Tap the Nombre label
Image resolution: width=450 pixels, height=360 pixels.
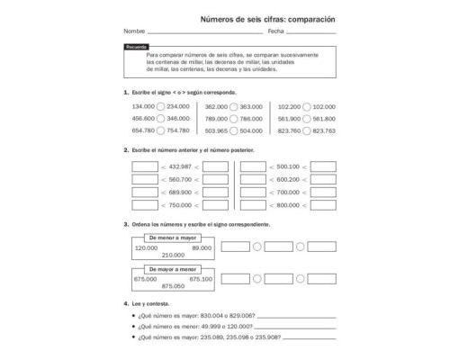tap(132, 31)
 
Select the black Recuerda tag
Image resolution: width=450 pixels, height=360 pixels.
tap(136, 46)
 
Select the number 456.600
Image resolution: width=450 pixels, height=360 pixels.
tap(143, 118)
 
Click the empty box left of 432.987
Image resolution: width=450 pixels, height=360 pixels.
tap(144, 166)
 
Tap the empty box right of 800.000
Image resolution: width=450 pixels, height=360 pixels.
tap(322, 205)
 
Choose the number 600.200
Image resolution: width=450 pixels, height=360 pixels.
tap(288, 180)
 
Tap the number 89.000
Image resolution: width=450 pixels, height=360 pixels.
tap(202, 247)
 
